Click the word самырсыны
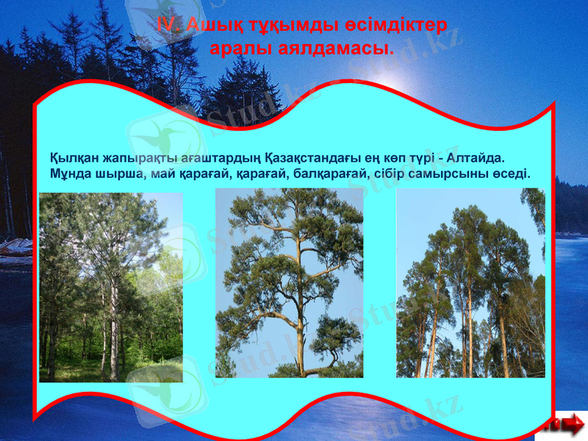[x=448, y=175]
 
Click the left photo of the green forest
[x=110, y=287]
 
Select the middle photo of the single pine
[x=289, y=283]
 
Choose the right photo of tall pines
[x=470, y=283]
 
